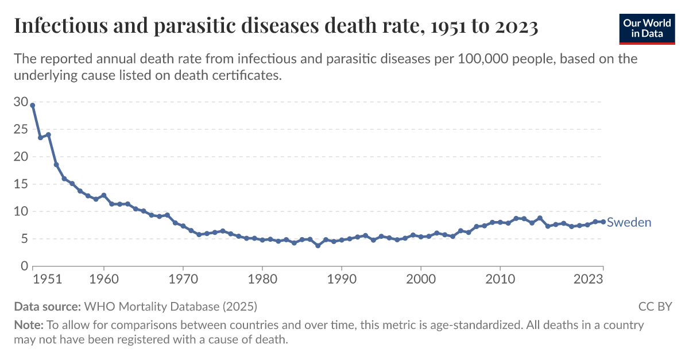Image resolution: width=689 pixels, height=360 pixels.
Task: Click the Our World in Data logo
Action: [x=647, y=28]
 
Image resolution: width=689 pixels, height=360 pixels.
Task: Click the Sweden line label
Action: [x=629, y=222]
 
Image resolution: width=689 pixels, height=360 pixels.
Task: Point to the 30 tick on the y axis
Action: [x=21, y=102]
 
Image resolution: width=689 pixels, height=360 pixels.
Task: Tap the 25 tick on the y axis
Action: [x=21, y=130]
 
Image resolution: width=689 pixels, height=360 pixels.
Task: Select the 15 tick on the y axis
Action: [x=21, y=184]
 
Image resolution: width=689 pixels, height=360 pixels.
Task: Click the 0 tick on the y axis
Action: [x=24, y=266]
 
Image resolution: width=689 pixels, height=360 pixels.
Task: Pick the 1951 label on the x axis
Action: [x=47, y=280]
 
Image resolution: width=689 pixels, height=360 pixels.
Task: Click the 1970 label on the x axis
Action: [x=183, y=280]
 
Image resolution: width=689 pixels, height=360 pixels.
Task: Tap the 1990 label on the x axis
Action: [x=342, y=280]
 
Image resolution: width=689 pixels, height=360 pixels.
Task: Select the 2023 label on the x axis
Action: [x=588, y=280]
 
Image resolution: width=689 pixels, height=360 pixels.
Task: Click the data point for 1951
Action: [x=33, y=106]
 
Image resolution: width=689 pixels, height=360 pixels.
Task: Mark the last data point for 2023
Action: [x=603, y=222]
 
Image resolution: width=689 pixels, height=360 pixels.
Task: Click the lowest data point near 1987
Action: [x=318, y=245]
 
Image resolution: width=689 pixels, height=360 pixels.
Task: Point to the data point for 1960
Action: [x=104, y=195]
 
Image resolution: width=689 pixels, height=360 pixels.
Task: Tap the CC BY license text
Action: [x=655, y=306]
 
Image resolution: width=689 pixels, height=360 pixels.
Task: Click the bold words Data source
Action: [x=48, y=306]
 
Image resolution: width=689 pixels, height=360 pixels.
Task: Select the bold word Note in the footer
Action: [x=28, y=325]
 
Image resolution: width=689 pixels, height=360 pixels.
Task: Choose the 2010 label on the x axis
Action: [x=500, y=280]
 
